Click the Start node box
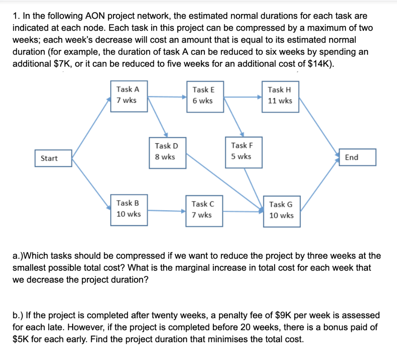tap(53, 158)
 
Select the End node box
tap(357, 157)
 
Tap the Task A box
tap(129, 96)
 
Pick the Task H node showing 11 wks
tap(280, 96)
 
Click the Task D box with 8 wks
tap(167, 152)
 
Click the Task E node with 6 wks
tap(205, 96)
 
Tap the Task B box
tap(129, 209)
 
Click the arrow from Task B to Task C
tap(167, 211)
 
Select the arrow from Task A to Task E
tap(167, 97)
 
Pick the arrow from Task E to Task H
tap(243, 97)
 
